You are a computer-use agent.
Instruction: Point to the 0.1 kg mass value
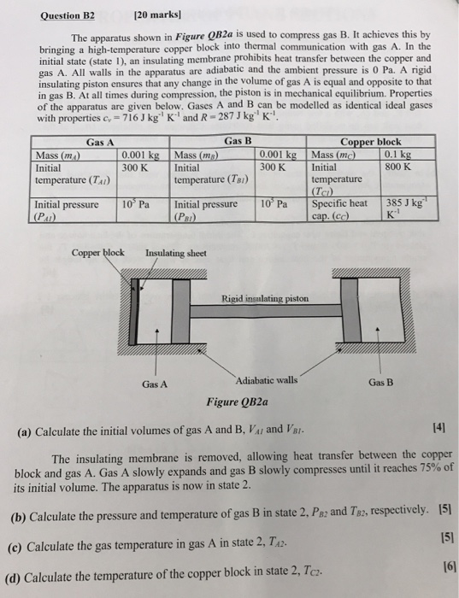point(399,155)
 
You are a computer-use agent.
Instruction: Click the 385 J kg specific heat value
point(407,203)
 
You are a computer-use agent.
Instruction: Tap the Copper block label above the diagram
point(97,253)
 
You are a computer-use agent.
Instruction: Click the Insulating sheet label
point(175,253)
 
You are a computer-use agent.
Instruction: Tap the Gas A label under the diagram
point(155,384)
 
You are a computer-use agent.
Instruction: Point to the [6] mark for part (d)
point(441,567)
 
